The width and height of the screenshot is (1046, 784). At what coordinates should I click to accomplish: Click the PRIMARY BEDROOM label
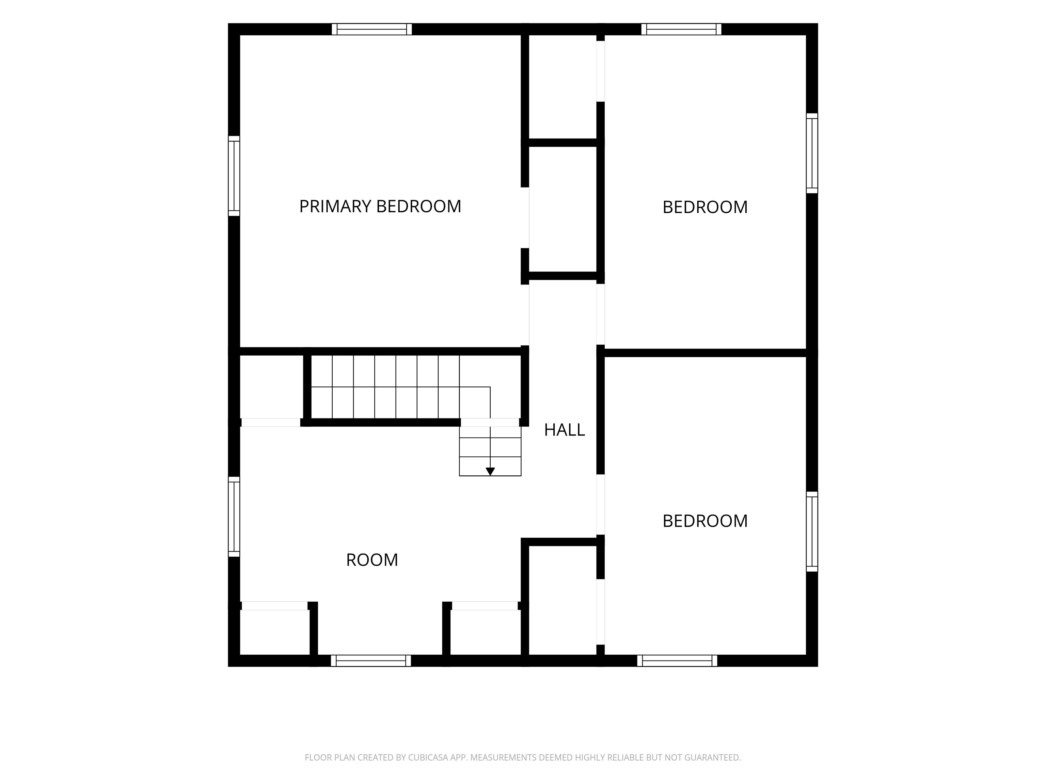point(380,207)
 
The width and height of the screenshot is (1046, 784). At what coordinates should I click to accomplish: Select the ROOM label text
point(372,560)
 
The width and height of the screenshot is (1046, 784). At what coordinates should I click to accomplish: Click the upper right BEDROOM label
point(705,208)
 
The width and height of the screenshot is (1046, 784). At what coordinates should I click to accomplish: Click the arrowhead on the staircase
point(490,472)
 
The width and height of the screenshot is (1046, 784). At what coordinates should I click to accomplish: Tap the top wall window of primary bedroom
point(372,29)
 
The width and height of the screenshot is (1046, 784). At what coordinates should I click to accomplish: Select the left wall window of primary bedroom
point(234,176)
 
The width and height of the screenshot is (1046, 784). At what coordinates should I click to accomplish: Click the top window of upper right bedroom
point(681,29)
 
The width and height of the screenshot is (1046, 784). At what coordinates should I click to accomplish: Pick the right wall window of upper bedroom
point(812,153)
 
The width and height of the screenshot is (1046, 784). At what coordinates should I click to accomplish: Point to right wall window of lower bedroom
point(812,532)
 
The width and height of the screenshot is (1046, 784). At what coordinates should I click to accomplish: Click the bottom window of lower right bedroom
point(677,661)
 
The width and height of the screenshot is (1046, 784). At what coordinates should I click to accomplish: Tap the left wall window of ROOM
point(234,517)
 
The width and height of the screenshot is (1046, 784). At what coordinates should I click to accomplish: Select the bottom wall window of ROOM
point(371,661)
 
